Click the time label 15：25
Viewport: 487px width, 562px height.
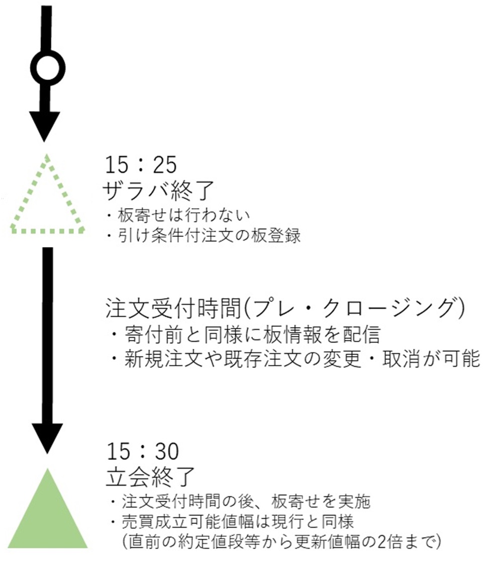pyautogui.click(x=141, y=165)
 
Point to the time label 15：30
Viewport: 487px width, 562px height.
pyautogui.click(x=143, y=451)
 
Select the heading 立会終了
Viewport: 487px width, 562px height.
pyautogui.click(x=150, y=477)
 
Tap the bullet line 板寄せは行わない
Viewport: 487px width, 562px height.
pyautogui.click(x=178, y=215)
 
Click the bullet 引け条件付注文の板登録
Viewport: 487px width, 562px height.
pyautogui.click(x=204, y=236)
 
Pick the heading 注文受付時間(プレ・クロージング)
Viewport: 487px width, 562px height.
pyautogui.click(x=285, y=308)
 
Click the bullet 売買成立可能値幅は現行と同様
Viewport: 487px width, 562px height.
pyautogui.click(x=232, y=521)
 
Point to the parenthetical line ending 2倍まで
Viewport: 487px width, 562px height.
pyautogui.click(x=281, y=541)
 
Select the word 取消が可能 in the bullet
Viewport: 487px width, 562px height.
pyautogui.click(x=431, y=359)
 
